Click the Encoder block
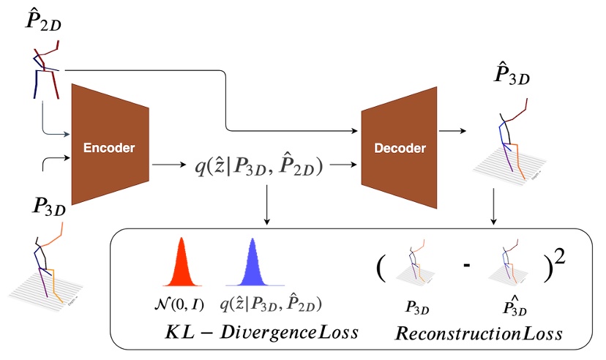pyautogui.click(x=110, y=147)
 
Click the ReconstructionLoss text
pyautogui.click(x=479, y=334)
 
